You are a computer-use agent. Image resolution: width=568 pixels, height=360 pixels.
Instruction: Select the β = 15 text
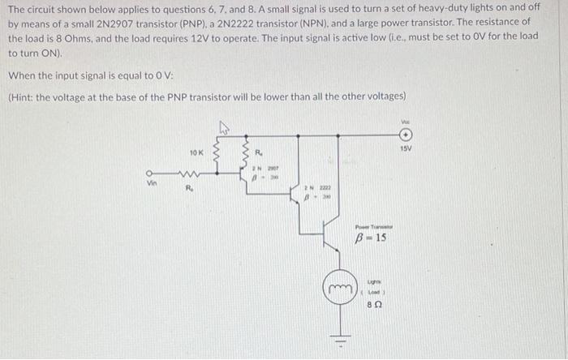click(x=371, y=238)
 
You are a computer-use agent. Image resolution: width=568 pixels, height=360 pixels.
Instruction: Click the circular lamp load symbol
click(x=340, y=289)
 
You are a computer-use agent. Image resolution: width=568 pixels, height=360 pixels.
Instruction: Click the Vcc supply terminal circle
click(x=407, y=135)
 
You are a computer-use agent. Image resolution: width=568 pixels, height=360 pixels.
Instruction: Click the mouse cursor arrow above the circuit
click(x=223, y=126)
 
